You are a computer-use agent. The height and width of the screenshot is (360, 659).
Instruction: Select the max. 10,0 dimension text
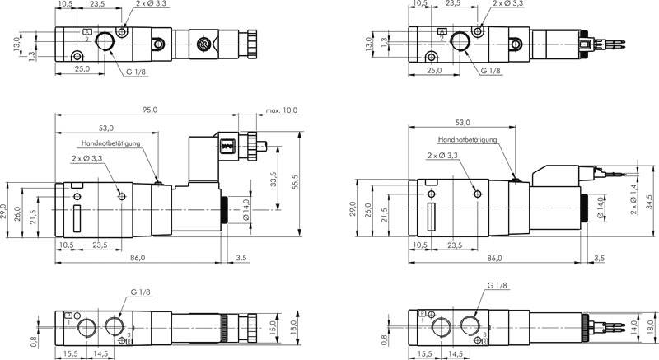pyautogui.click(x=281, y=110)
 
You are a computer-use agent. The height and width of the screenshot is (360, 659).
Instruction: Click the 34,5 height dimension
pyautogui.click(x=647, y=203)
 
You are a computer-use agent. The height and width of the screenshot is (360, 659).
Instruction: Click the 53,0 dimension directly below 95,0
pyautogui.click(x=106, y=128)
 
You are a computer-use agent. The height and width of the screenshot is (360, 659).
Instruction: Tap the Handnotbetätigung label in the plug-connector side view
pyautogui.click(x=112, y=143)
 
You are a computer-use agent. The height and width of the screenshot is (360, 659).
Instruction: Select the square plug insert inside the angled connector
pyautogui.click(x=228, y=147)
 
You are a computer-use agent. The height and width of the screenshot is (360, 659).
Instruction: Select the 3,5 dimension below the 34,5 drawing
pyautogui.click(x=597, y=258)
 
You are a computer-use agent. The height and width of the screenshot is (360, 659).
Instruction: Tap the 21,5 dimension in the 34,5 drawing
pyautogui.click(x=385, y=212)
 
